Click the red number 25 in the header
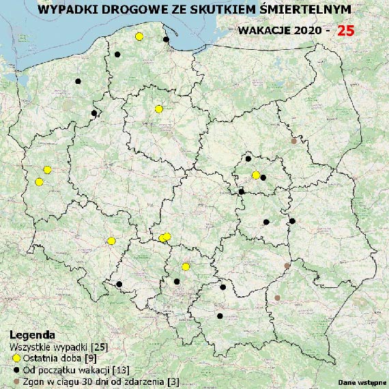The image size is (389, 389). [x=345, y=31]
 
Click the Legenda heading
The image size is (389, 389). [x=33, y=336]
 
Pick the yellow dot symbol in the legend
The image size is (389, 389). [x=16, y=358]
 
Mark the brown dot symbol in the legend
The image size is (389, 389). [x=16, y=381]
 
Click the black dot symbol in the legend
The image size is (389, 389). [x=16, y=370]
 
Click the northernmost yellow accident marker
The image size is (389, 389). [x=139, y=36]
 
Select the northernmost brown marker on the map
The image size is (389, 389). [x=294, y=141]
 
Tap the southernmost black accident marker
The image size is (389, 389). [x=219, y=316]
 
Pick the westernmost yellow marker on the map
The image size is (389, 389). [x=39, y=182]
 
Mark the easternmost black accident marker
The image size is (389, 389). [x=292, y=221]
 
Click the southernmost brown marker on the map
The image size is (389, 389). [x=277, y=298]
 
